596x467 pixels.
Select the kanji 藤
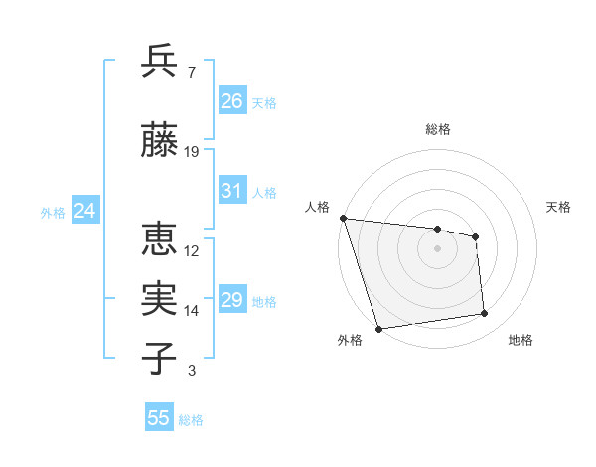pos(160,141)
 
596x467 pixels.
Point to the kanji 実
pos(160,299)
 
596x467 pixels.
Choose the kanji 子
pos(160,359)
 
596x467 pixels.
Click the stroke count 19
pos(192,152)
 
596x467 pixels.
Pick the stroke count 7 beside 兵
pos(191,72)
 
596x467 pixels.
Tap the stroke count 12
pos(192,251)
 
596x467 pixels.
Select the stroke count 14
pos(192,311)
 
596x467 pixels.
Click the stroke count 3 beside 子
pos(191,371)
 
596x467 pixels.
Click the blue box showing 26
pos(232,101)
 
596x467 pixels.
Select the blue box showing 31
pos(232,191)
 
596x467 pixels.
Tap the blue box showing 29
pos(232,300)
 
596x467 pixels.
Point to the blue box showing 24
pos(84,211)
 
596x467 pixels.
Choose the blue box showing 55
pos(159,418)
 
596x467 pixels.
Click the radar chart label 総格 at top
pos(438,129)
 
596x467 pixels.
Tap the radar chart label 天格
pos(559,207)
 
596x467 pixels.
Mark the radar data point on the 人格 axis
pos(343,218)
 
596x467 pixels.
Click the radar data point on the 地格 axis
pos(485,314)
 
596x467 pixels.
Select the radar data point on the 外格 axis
pos(378,328)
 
